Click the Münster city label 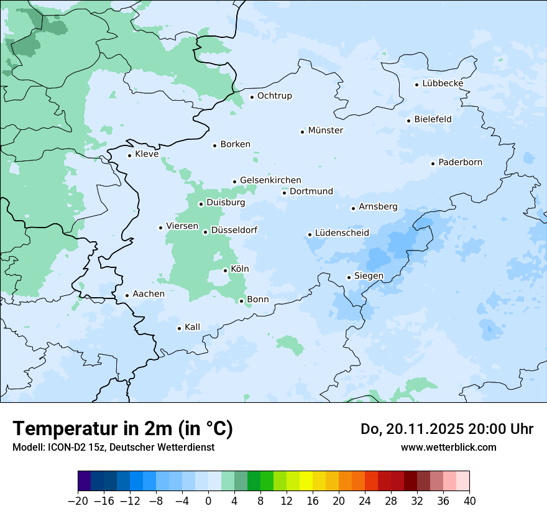coord(325,131)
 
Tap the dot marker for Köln coord(225,270)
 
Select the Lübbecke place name coord(443,83)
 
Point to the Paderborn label coord(460,162)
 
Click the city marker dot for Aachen coord(127,295)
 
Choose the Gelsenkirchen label coord(270,180)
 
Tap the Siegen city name coord(369,276)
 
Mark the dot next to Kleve coord(129,155)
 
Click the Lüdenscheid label coord(342,233)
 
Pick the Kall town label coord(192,327)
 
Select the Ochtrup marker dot coord(252,96)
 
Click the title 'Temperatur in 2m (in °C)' coord(122,429)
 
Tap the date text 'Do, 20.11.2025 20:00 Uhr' coord(446,429)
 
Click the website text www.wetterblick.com coord(448,447)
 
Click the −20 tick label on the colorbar coord(78,501)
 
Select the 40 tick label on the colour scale coord(469,501)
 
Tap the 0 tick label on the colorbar coord(208,501)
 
